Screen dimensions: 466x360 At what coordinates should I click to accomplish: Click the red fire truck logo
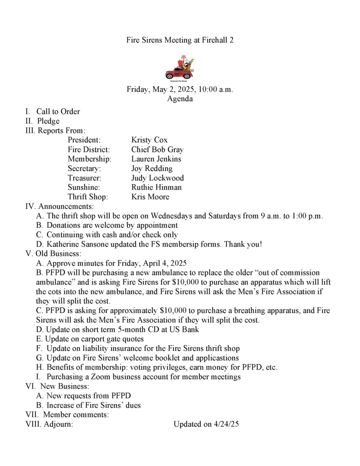180,67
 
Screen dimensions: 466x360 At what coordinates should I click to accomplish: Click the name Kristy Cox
149,140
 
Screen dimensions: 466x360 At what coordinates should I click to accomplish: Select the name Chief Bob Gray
157,149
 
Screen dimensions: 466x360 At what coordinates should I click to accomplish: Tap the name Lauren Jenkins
156,159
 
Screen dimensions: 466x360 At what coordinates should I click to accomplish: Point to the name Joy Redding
152,168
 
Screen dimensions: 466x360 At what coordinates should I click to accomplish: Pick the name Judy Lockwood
157,178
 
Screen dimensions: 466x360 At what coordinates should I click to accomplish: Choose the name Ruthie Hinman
156,187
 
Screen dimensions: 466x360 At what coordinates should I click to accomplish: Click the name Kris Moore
150,197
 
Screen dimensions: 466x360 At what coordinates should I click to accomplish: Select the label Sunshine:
84,187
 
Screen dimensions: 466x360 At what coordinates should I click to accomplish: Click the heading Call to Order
58,111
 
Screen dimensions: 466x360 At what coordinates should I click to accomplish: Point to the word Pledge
48,121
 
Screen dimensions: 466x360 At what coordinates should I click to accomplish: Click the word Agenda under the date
180,98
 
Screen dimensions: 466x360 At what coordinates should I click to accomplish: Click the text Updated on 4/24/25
206,424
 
